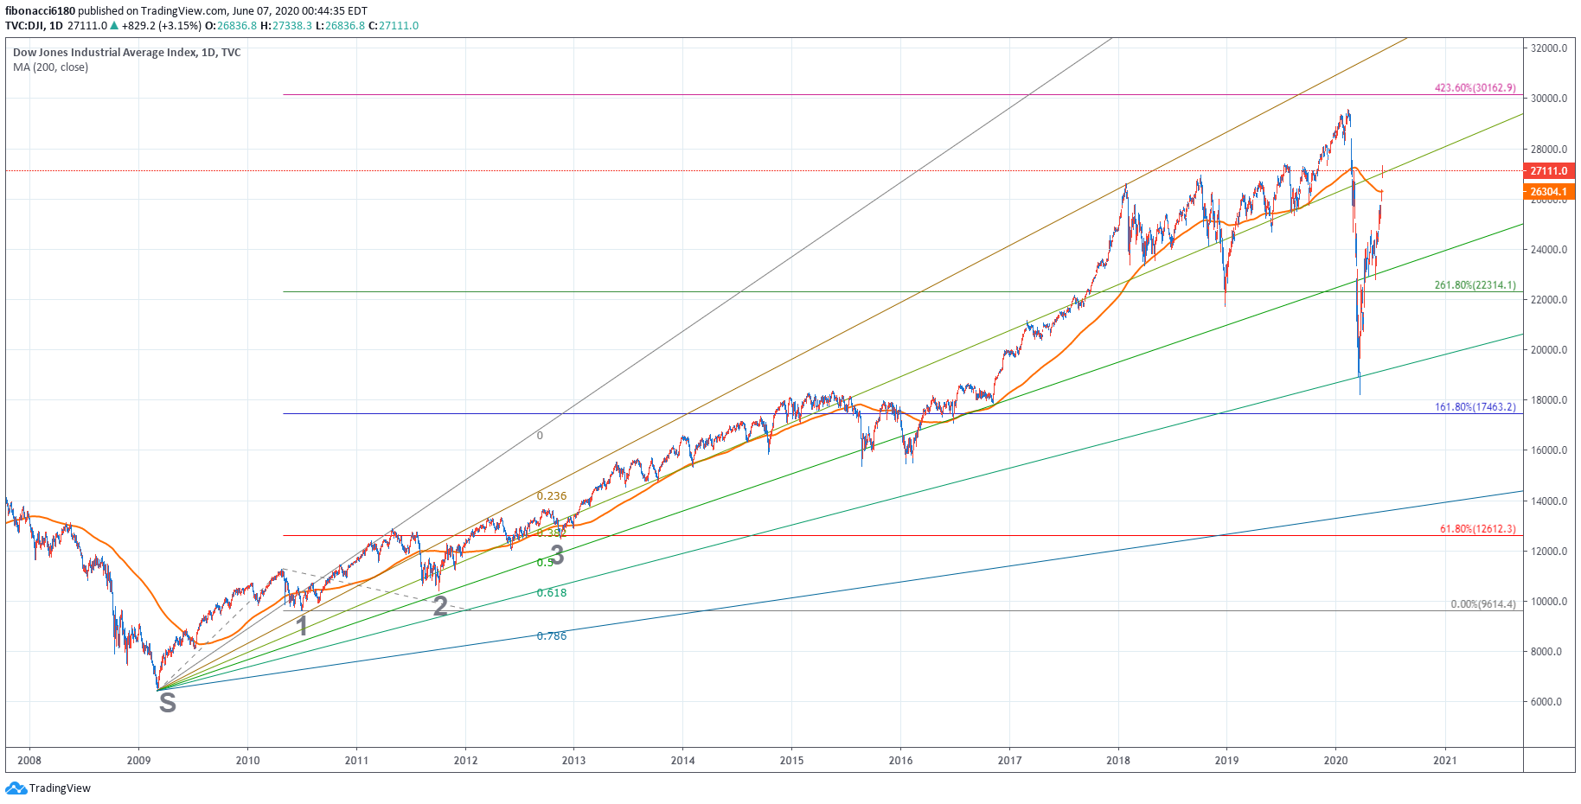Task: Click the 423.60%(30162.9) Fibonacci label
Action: point(1475,88)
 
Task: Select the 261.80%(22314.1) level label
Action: point(1475,285)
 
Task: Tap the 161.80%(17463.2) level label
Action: point(1475,407)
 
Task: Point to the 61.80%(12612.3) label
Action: point(1477,529)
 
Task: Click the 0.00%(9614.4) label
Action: point(1482,604)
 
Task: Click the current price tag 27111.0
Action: point(1548,171)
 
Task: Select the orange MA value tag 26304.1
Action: point(1548,192)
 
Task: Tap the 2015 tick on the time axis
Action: point(791,761)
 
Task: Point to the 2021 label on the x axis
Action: point(1444,761)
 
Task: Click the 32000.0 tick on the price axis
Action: point(1548,48)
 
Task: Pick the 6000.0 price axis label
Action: point(1546,702)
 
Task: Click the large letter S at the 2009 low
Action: point(168,704)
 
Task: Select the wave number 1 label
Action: point(302,626)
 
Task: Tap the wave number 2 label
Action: point(440,606)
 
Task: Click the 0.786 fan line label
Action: point(552,636)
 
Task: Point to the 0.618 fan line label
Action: point(552,593)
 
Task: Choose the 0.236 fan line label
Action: point(552,496)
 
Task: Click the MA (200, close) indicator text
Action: point(50,67)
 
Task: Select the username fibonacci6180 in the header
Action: point(40,11)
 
